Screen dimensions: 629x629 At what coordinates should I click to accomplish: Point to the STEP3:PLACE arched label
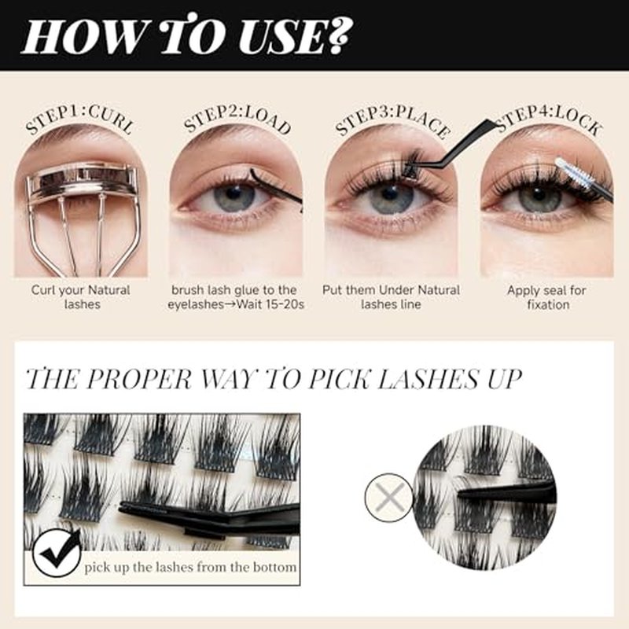[x=392, y=120]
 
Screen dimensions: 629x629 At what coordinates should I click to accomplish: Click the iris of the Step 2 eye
[x=234, y=197]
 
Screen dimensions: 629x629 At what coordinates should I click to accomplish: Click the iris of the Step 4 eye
[x=539, y=198]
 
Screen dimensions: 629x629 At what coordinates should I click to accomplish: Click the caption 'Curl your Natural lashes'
[x=81, y=297]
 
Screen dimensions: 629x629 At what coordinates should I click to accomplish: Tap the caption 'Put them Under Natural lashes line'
[x=391, y=297]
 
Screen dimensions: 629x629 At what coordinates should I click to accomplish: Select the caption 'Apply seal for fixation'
[x=547, y=297]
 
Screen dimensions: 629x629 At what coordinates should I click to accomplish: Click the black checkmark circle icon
[x=56, y=553]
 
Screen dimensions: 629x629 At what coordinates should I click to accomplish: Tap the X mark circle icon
[x=388, y=498]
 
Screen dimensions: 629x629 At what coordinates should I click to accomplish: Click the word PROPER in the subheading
[x=138, y=379]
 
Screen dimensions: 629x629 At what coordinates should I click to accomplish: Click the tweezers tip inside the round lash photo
[x=462, y=494]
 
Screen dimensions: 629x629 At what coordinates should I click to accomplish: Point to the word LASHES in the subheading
[x=429, y=379]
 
